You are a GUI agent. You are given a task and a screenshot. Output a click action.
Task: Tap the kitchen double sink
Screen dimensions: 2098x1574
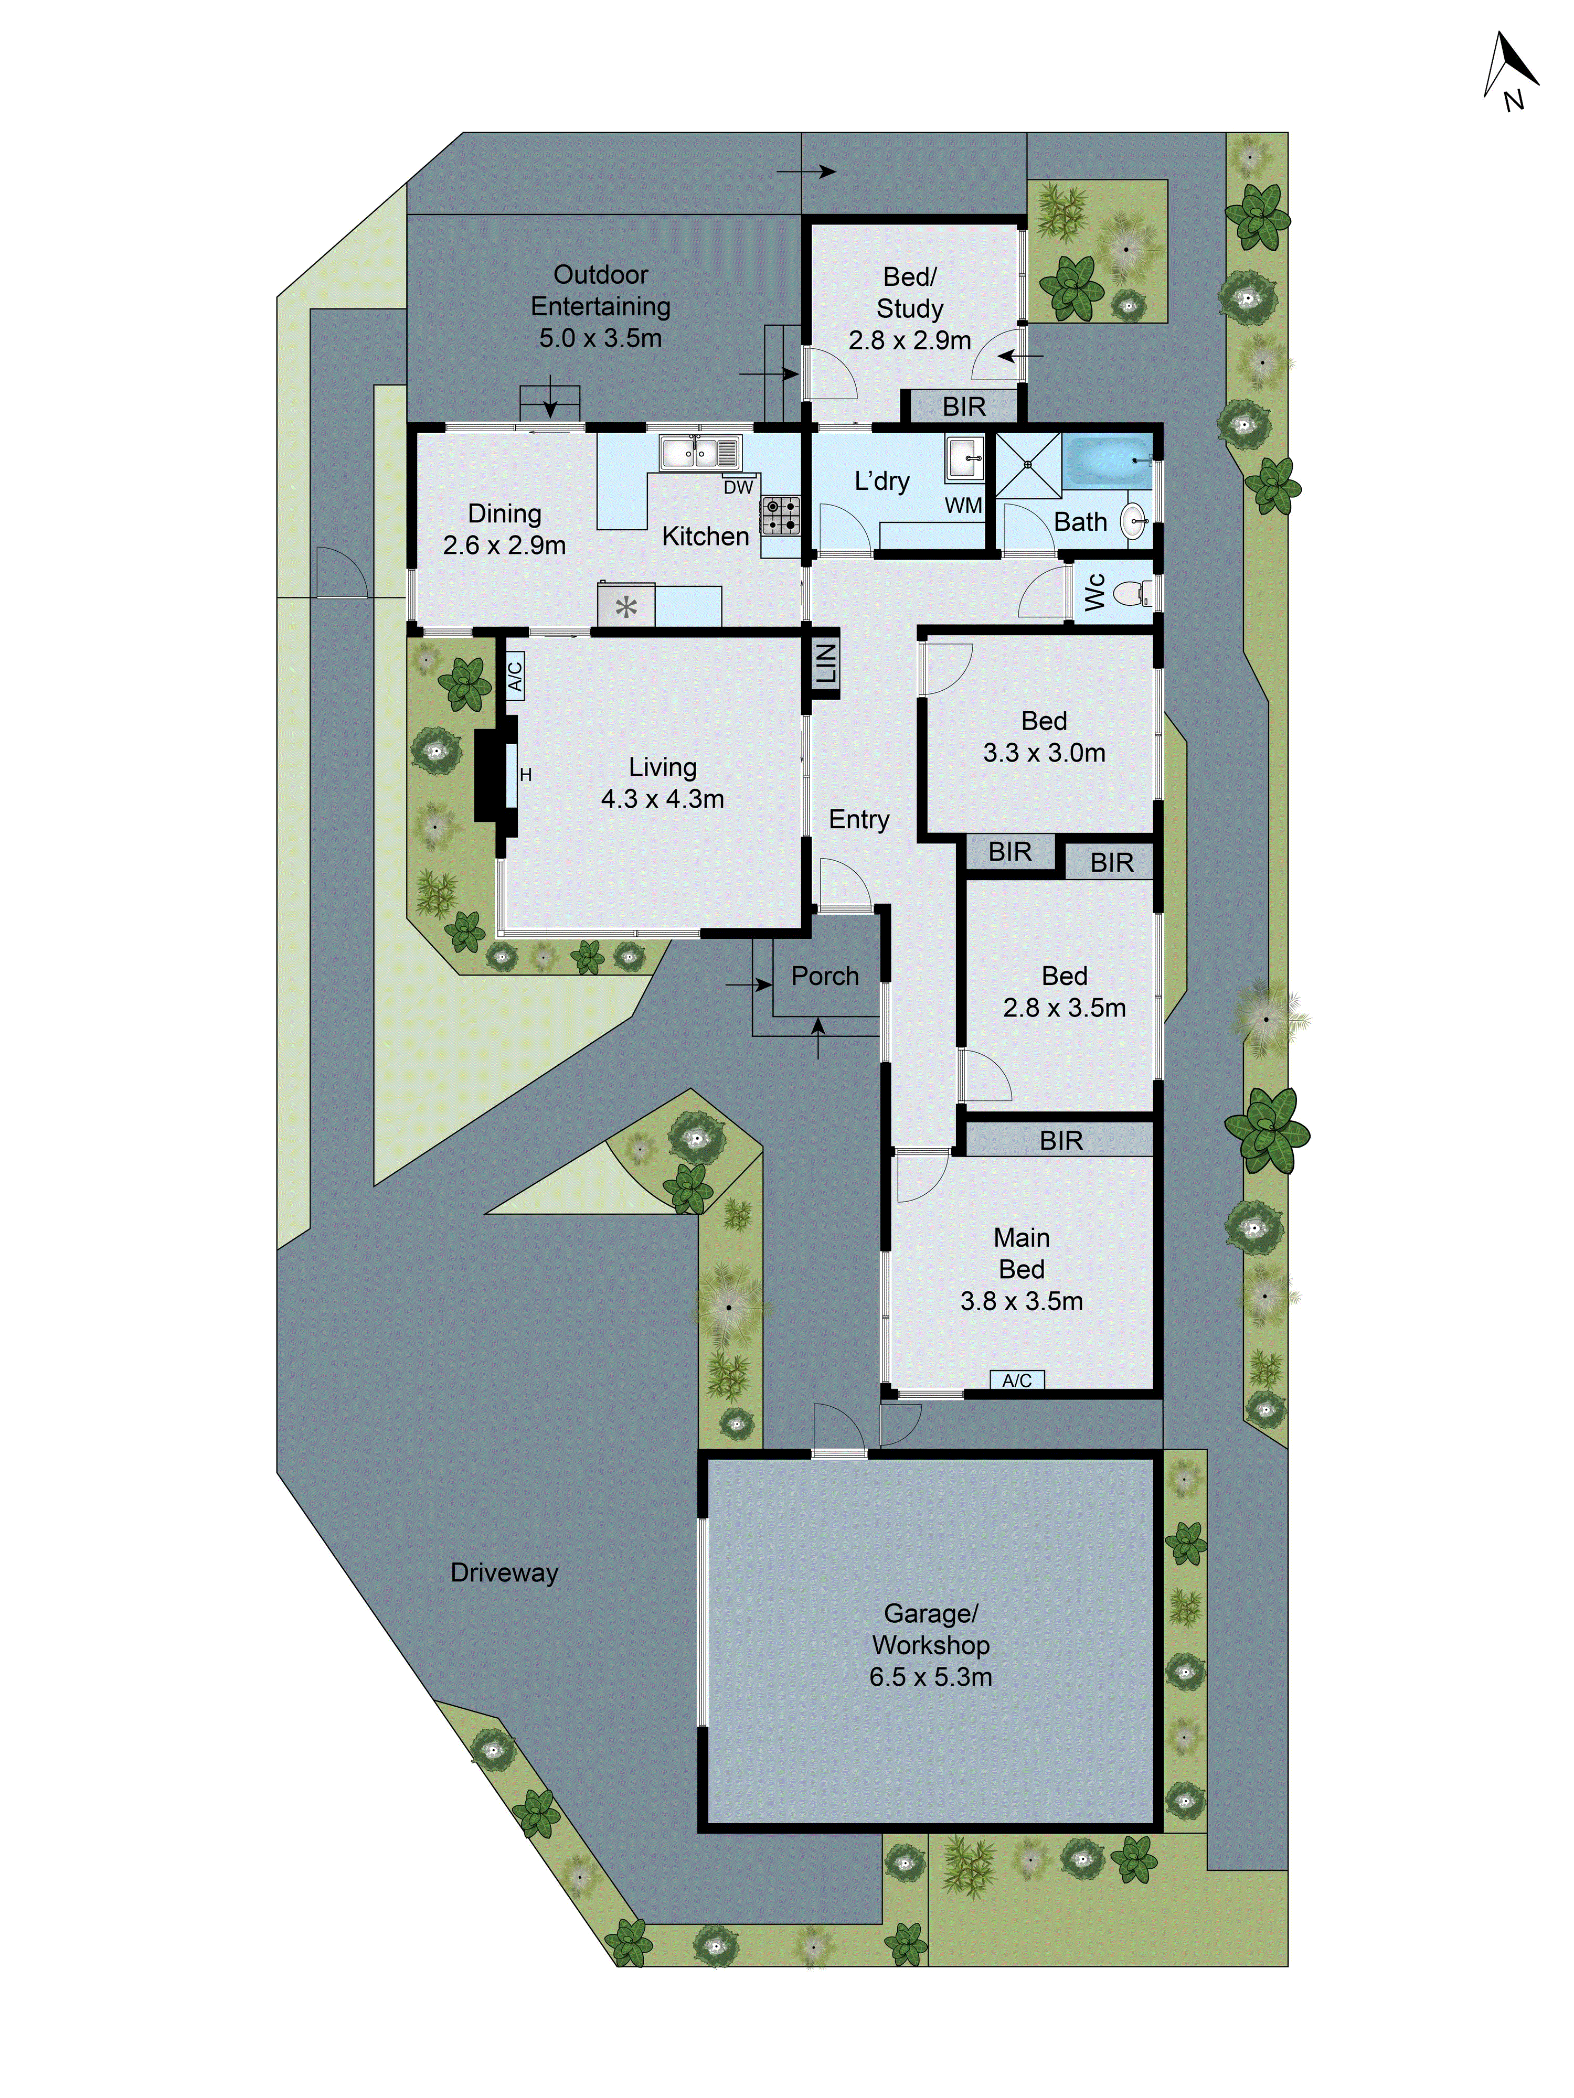(700, 453)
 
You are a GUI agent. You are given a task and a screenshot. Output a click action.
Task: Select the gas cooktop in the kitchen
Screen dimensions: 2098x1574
(780, 515)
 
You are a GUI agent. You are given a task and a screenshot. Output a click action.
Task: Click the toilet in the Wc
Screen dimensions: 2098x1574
(1132, 594)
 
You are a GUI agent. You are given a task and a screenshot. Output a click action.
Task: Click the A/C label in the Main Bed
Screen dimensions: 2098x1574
(1016, 1380)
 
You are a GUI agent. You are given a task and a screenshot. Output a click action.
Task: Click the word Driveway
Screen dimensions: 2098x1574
(504, 1572)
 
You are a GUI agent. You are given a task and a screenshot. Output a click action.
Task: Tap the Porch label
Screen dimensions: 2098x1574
(824, 976)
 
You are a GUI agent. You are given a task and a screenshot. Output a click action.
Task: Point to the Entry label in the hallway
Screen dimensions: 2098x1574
(859, 819)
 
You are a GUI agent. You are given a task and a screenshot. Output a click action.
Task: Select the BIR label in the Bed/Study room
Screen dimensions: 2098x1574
(964, 407)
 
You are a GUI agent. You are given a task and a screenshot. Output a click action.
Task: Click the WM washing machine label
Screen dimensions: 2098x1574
(962, 506)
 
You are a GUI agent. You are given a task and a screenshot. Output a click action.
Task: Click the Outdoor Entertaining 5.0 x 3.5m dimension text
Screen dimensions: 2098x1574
(601, 338)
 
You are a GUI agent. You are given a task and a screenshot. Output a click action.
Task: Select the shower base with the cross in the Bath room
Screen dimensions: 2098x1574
(1027, 465)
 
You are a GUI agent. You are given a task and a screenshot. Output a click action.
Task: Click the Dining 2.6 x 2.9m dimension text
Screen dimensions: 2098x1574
(504, 545)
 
